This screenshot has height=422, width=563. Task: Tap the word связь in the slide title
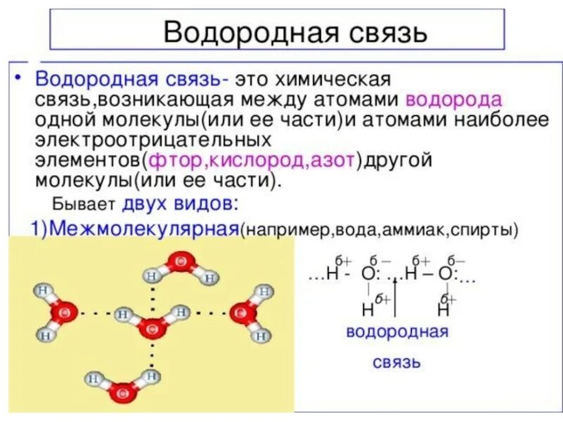(x=375, y=32)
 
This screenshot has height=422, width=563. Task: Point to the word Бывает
(x=77, y=205)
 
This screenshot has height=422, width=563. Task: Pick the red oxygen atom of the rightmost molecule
(x=241, y=311)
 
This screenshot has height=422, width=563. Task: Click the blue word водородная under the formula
(x=397, y=332)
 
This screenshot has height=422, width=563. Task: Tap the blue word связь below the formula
(x=397, y=362)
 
